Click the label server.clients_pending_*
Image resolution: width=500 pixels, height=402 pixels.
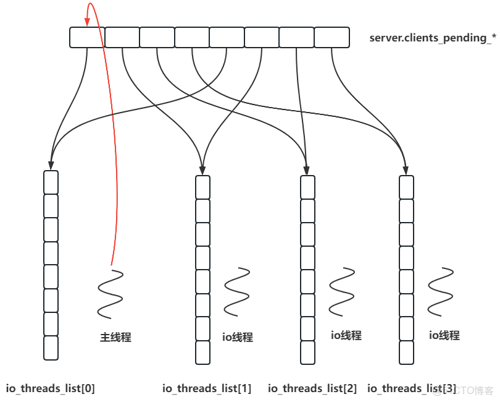click(433, 38)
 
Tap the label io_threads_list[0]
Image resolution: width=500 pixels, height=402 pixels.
click(51, 388)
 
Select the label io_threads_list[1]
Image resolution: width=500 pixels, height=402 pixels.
click(207, 388)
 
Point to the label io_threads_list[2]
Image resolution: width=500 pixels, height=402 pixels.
click(312, 388)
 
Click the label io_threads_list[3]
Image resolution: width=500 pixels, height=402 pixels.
click(412, 388)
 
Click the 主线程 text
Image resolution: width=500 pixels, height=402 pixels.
click(116, 338)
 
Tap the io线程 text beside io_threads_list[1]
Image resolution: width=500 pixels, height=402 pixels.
click(238, 337)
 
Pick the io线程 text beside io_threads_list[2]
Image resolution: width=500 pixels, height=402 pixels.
click(346, 335)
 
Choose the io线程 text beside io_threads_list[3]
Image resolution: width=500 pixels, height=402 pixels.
click(444, 335)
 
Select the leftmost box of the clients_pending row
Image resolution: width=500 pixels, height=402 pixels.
click(86, 38)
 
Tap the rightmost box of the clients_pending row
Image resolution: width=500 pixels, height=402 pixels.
click(331, 38)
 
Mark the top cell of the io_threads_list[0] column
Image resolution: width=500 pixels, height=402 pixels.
click(51, 182)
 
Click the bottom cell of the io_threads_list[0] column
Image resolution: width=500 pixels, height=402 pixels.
click(51, 348)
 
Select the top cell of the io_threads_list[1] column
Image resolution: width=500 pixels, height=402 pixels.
click(202, 187)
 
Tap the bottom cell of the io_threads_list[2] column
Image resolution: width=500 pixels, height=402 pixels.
click(307, 352)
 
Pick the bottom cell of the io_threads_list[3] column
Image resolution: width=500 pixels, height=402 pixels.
click(406, 352)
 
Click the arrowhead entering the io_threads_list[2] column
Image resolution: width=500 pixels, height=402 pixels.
click(307, 169)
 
